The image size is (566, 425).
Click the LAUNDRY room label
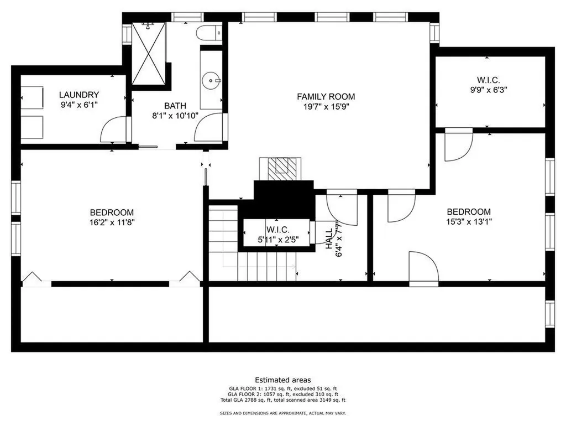[x=78, y=95]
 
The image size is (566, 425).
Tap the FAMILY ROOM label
[x=326, y=96]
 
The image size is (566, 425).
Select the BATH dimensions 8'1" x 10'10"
[x=175, y=116]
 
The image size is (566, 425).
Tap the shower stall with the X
[x=148, y=53]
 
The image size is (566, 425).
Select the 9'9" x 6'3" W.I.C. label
[x=489, y=90]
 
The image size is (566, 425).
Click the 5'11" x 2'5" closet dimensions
[x=278, y=239]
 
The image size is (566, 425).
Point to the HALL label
[x=329, y=239]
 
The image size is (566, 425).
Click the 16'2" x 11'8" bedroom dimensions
[x=112, y=222]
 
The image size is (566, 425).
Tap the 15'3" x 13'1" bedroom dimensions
[x=469, y=221]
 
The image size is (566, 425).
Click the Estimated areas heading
[x=283, y=380]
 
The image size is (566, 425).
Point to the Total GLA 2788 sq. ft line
[x=283, y=400]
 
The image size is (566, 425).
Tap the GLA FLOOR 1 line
[x=283, y=388]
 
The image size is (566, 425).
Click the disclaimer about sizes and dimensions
[x=283, y=413]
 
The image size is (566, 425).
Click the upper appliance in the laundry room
[x=32, y=97]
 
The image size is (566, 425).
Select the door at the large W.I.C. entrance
[x=458, y=144]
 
